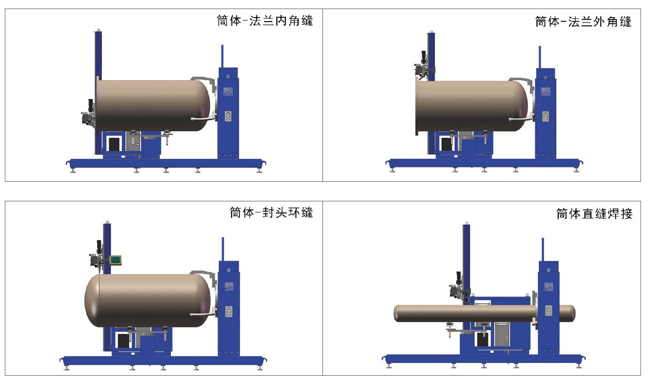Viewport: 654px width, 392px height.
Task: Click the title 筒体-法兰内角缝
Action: (x=264, y=21)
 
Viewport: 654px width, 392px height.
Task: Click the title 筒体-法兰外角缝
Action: (x=583, y=22)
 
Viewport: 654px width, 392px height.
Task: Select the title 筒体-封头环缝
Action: (x=271, y=212)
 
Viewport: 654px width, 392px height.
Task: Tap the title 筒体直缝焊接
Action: (x=594, y=214)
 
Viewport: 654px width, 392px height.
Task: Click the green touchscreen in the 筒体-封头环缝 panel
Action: (x=116, y=259)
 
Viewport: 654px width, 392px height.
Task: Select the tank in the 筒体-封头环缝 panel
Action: (x=148, y=300)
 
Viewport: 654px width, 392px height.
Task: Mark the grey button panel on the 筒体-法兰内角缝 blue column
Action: (x=228, y=116)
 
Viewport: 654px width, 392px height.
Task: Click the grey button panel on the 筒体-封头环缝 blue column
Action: (x=228, y=311)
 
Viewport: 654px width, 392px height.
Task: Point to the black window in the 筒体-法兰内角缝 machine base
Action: (x=114, y=144)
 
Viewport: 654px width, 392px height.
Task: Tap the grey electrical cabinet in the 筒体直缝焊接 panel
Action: (x=502, y=334)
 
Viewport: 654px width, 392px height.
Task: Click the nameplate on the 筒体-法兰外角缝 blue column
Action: (x=546, y=92)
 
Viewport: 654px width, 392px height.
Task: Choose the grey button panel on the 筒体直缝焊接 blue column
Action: (x=548, y=311)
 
